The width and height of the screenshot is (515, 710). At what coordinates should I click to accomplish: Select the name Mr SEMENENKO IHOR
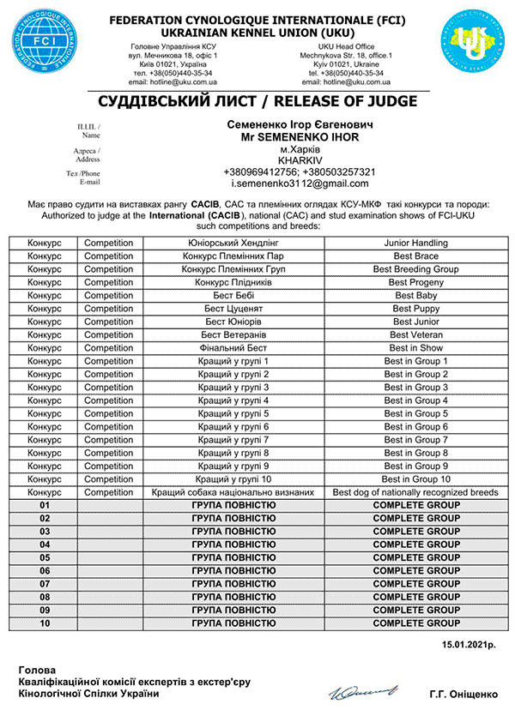pos(300,135)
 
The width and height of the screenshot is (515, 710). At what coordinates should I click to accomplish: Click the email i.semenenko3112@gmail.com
pos(300,184)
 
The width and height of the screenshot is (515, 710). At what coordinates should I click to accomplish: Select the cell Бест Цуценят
pos(234,309)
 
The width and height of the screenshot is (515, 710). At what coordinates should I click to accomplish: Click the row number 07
pos(45,584)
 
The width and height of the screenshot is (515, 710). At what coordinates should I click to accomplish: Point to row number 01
pos(45,506)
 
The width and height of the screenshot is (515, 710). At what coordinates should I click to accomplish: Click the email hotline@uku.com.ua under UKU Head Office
pos(369,81)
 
